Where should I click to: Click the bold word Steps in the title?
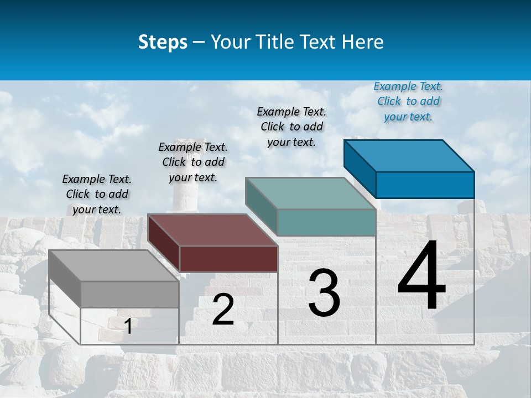pyautogui.click(x=163, y=42)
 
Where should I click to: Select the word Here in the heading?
pyautogui.click(x=363, y=42)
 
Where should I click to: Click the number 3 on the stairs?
pyautogui.click(x=324, y=294)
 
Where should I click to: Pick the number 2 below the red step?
pyautogui.click(x=223, y=310)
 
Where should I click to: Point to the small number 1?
pyautogui.click(x=128, y=326)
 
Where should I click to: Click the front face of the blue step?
pyautogui.click(x=425, y=185)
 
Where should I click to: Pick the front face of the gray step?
pyautogui.click(x=130, y=294)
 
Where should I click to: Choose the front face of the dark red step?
pyautogui.click(x=228, y=259)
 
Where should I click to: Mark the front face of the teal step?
pyautogui.click(x=326, y=222)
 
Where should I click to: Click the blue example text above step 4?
pyautogui.click(x=408, y=102)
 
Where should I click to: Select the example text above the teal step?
pyautogui.click(x=291, y=127)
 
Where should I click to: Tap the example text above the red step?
pyautogui.click(x=193, y=162)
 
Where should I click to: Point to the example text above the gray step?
pyautogui.click(x=97, y=194)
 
